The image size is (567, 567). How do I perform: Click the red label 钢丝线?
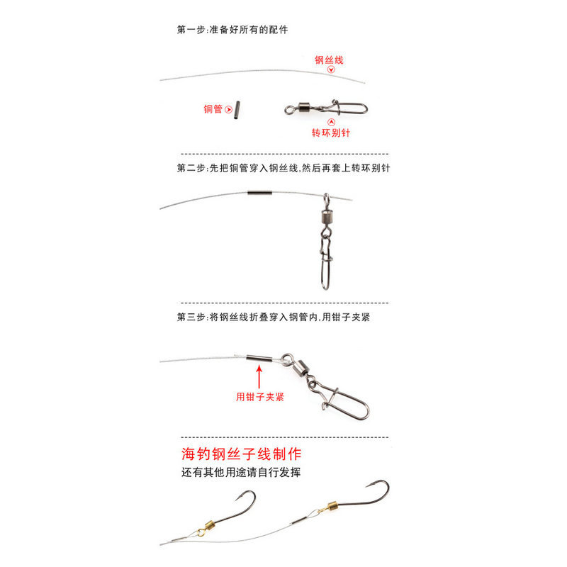click(330, 60)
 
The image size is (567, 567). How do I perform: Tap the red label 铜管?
click(213, 109)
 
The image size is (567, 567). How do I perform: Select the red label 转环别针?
click(331, 133)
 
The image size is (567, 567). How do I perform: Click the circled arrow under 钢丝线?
click(330, 71)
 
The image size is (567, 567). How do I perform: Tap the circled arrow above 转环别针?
click(331, 122)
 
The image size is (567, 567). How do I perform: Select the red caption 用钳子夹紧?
click(259, 398)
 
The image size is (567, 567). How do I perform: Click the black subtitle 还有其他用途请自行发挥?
click(241, 472)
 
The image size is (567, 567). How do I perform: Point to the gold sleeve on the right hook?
click(328, 507)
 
